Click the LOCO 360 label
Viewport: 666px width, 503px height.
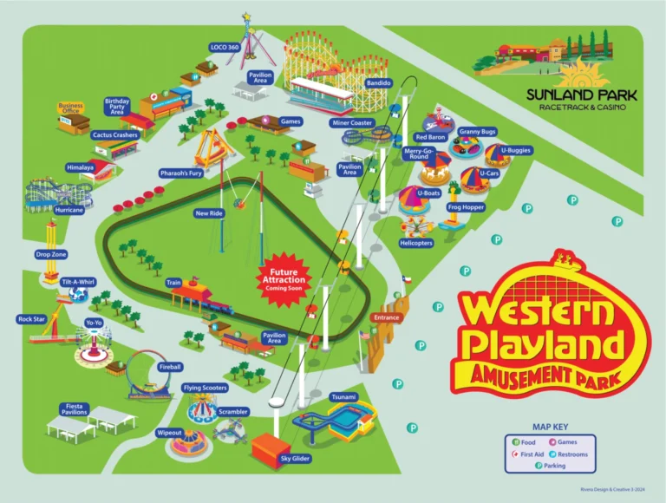click(225, 47)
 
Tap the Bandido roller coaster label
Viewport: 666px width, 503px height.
click(379, 83)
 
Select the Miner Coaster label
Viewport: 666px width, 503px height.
click(351, 123)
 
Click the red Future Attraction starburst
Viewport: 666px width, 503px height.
click(285, 276)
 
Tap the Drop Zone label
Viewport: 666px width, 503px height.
click(51, 255)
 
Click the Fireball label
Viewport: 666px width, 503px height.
click(170, 367)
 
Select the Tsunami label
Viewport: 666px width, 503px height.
click(343, 396)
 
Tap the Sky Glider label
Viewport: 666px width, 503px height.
click(295, 458)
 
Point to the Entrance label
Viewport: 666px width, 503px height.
click(386, 317)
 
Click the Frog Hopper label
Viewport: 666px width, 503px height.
click(465, 208)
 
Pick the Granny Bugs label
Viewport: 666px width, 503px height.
click(477, 131)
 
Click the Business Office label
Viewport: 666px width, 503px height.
click(70, 108)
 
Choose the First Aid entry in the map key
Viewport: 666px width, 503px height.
click(531, 454)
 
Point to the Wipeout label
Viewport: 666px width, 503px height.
click(168, 431)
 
